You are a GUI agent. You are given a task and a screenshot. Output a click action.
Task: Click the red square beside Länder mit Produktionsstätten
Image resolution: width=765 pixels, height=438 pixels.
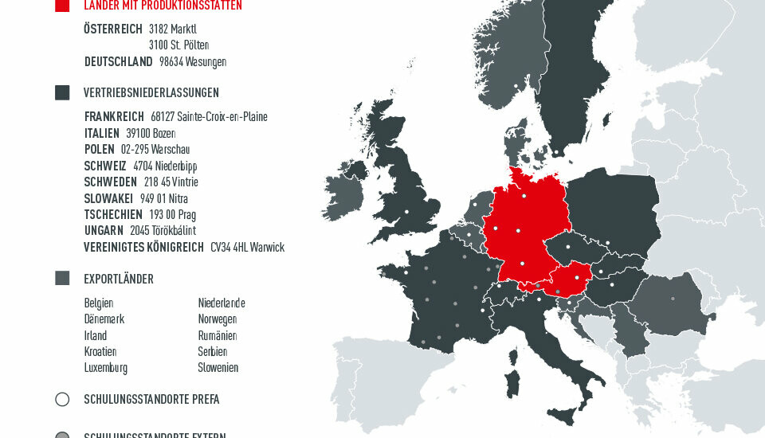coord(62,5)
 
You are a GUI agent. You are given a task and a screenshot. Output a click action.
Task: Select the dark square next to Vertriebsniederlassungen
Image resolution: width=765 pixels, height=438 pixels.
coord(62,92)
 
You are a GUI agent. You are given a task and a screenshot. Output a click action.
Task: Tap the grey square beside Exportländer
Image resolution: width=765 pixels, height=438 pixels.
coord(62,278)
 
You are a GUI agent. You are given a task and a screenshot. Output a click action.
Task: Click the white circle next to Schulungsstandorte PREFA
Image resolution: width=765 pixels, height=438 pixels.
coord(62,399)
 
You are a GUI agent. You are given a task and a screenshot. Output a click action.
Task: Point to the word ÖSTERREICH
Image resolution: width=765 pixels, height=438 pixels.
coord(113,29)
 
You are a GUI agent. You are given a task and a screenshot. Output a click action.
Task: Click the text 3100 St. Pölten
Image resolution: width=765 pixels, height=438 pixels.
coord(178,45)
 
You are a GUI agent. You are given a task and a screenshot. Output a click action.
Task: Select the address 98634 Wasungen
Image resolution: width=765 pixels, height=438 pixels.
coord(192,61)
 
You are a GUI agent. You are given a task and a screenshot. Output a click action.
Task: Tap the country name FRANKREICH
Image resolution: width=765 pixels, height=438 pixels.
coord(114,116)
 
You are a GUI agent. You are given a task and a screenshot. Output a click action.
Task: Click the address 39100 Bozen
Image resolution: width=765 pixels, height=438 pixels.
coord(151,133)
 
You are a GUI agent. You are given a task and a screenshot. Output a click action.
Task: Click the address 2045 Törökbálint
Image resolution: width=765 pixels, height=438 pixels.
coord(163,231)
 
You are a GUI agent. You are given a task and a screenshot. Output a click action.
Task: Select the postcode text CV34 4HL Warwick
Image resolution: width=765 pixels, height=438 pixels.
coord(247,247)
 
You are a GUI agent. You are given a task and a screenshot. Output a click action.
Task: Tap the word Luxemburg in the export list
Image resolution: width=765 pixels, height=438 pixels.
coord(105,368)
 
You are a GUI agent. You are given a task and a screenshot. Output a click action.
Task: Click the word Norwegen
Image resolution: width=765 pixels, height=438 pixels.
coord(218,319)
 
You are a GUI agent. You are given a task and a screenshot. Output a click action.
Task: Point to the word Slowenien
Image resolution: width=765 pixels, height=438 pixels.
coord(218,368)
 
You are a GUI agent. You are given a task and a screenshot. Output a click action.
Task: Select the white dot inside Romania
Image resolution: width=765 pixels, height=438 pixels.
coord(673,299)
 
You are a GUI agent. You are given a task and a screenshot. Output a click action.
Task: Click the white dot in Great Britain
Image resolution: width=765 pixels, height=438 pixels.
coord(406,211)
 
